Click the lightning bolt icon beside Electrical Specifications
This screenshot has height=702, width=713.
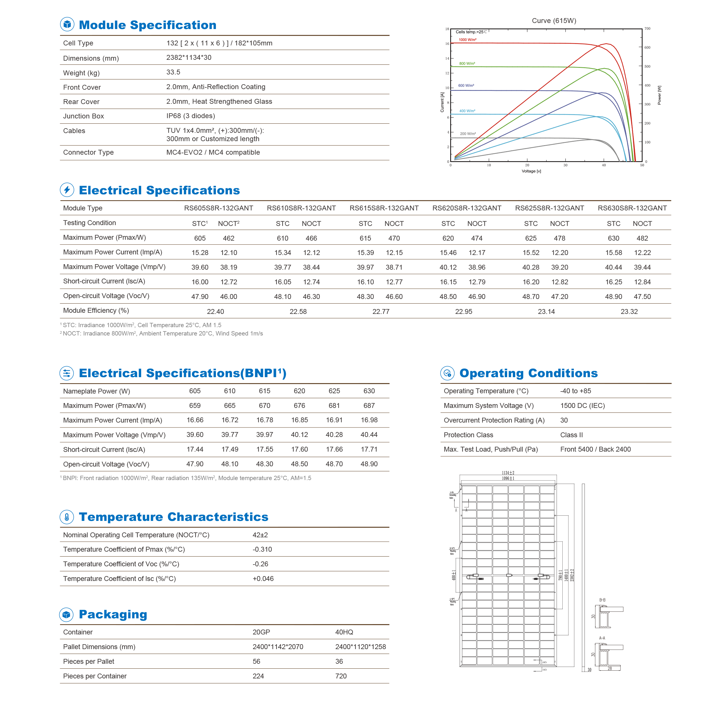point(67,190)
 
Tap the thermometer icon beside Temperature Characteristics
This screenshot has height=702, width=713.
point(67,517)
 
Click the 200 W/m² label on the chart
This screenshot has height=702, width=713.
point(467,134)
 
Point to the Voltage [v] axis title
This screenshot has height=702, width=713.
point(531,171)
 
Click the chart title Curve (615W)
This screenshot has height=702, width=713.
point(553,21)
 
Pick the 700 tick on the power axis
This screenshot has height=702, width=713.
point(647,29)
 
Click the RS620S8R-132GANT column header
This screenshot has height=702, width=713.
point(466,208)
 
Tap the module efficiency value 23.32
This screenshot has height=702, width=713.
point(628,312)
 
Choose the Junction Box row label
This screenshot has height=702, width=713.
point(83,116)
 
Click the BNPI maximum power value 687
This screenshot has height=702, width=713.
point(369,406)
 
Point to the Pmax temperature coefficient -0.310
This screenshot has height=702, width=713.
point(262,549)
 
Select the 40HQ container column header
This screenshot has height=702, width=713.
point(344,632)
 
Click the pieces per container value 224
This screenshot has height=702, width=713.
point(258,676)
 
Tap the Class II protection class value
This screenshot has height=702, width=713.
point(571,435)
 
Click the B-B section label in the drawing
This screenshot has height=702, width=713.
point(602,600)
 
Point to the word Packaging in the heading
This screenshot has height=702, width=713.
point(113,614)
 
